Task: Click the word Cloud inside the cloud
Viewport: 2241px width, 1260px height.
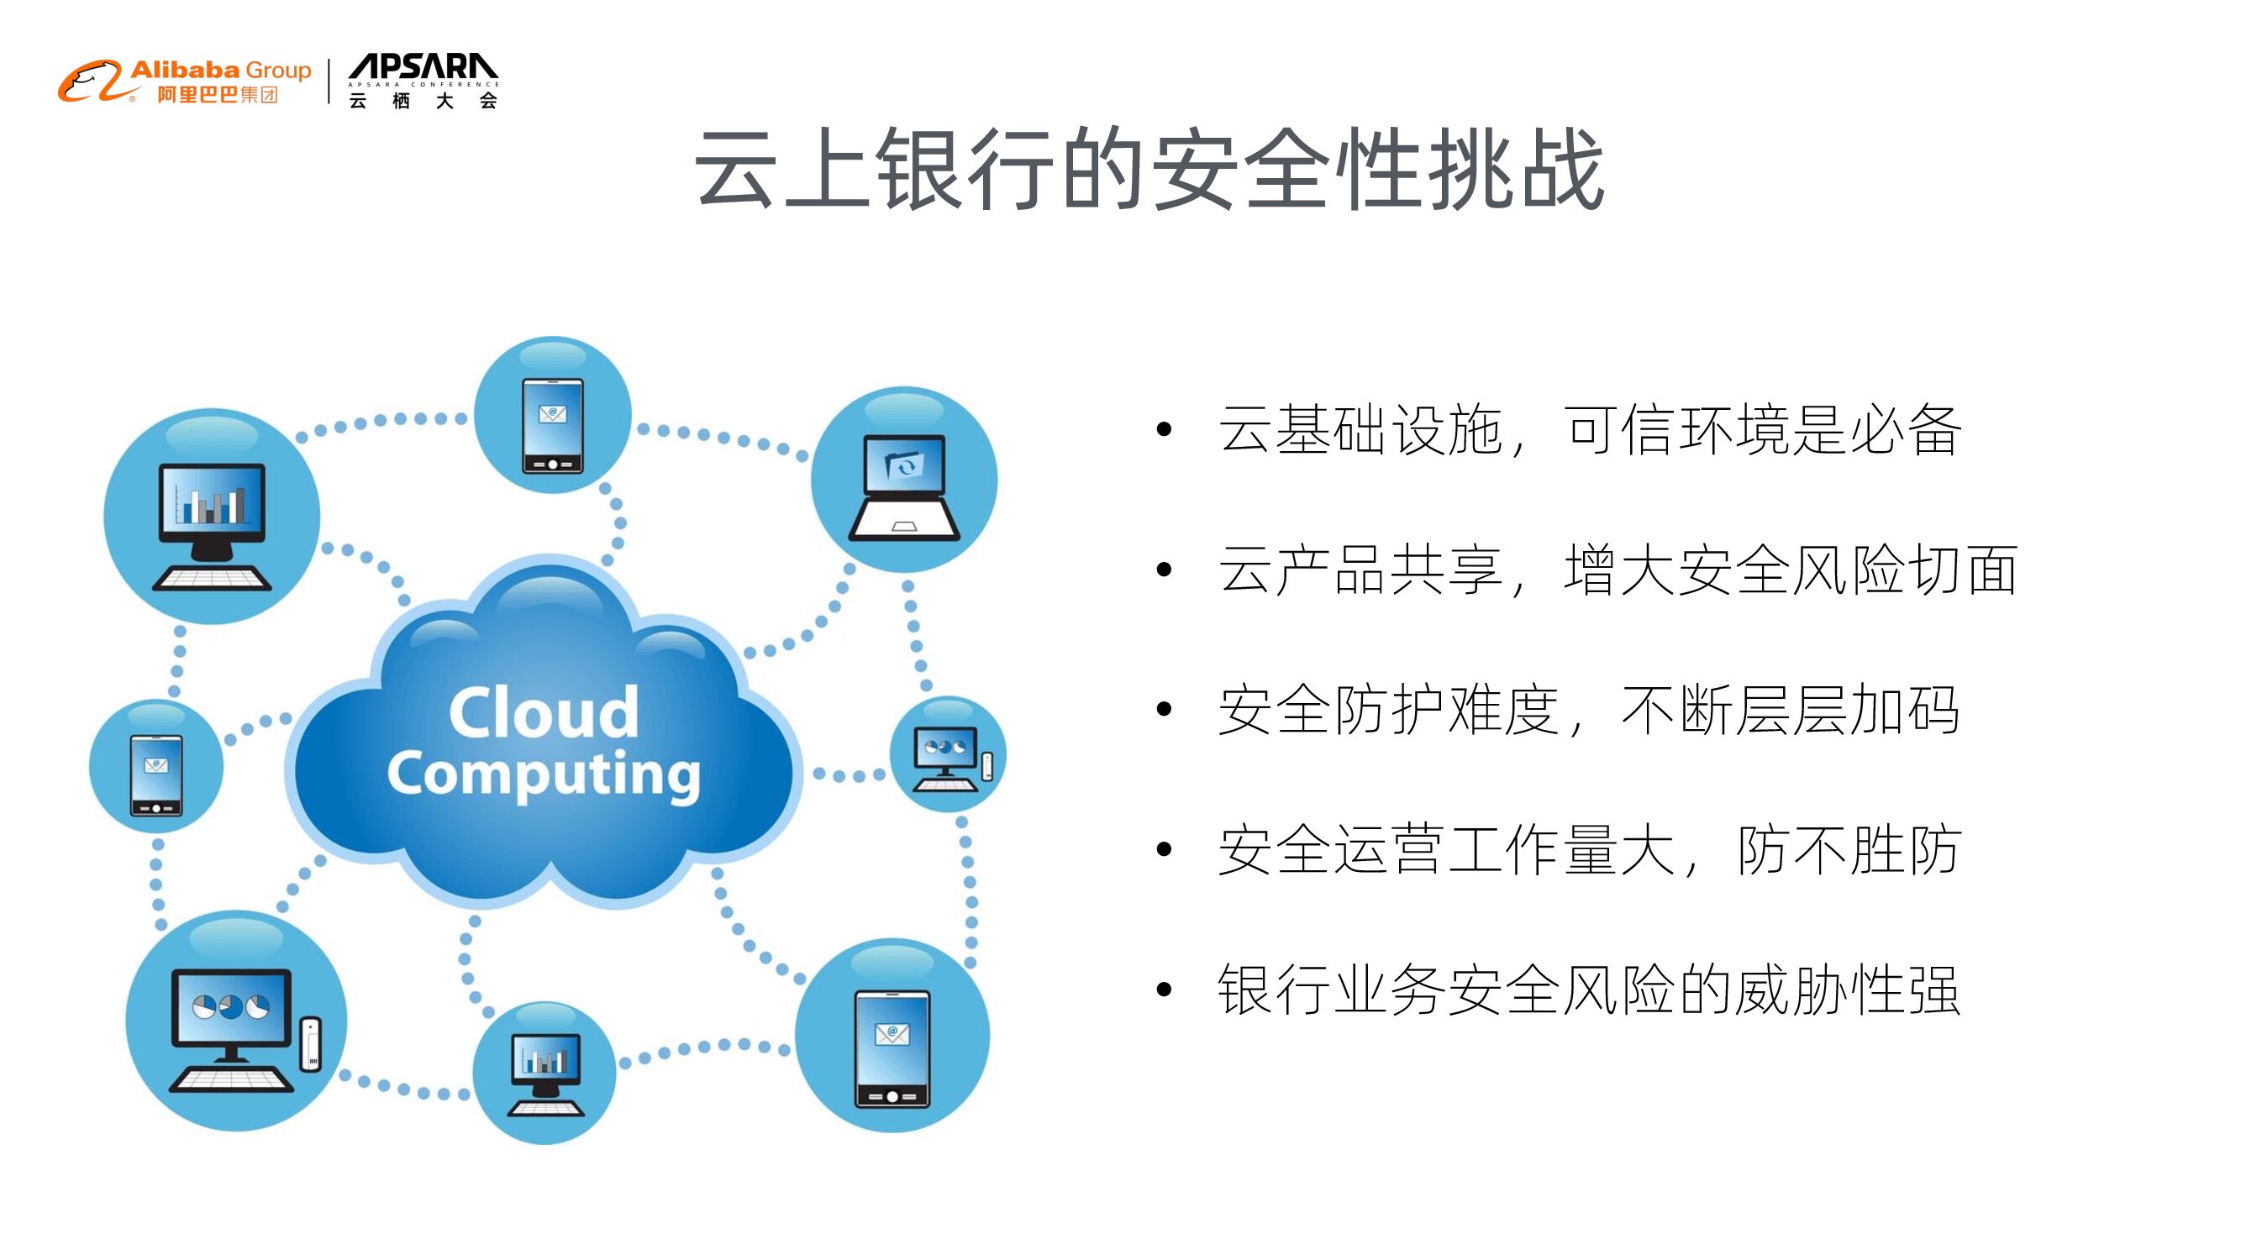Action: (544, 712)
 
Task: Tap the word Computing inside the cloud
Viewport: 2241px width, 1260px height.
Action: (544, 774)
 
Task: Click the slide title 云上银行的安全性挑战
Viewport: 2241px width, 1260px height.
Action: (1149, 169)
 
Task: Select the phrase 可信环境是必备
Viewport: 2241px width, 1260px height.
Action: (1762, 429)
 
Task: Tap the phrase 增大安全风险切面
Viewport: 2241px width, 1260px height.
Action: (1791, 570)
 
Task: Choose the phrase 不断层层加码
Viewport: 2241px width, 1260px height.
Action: (1790, 711)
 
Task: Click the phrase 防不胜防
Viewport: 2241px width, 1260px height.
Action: (1849, 849)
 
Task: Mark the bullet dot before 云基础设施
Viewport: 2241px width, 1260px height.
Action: (1164, 429)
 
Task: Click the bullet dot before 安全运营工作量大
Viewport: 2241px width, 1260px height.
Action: (1164, 849)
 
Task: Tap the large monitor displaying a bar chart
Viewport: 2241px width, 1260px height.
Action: (213, 500)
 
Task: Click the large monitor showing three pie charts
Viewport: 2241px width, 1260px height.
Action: (231, 1009)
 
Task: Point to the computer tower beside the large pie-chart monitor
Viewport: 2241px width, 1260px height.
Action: (311, 1043)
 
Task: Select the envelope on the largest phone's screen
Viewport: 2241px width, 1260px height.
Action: (892, 1034)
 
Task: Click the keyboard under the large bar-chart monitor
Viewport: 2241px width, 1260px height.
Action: (213, 579)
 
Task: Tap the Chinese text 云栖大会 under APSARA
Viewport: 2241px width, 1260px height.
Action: (423, 101)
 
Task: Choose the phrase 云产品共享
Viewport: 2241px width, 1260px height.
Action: (1360, 570)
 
